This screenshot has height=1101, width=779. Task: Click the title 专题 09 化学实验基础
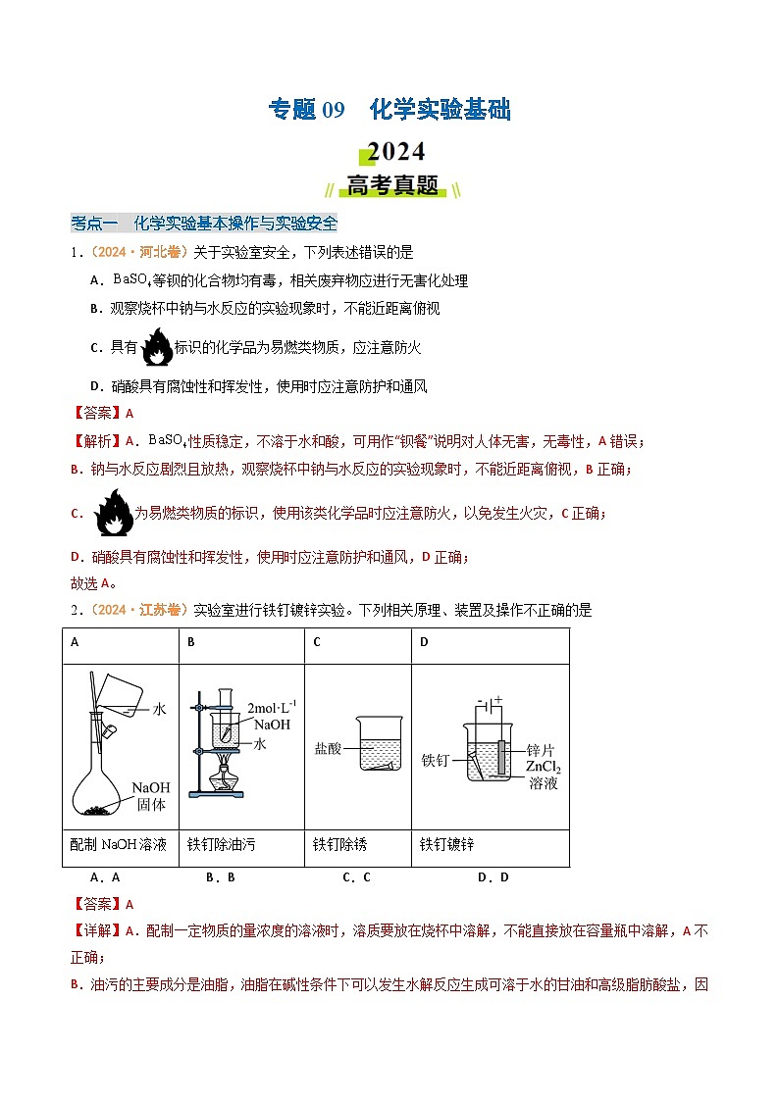[x=389, y=110]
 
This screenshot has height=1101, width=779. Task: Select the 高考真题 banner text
[x=391, y=186]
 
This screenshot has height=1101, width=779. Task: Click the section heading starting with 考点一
[x=204, y=222]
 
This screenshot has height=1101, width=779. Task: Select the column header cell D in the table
[x=424, y=642]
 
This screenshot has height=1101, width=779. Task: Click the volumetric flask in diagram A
[x=109, y=775]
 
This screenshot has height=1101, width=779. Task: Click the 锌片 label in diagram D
[x=541, y=749]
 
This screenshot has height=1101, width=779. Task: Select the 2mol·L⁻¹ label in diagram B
[x=272, y=707]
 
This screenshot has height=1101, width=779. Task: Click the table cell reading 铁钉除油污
[x=221, y=844]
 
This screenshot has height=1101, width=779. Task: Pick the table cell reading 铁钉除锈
[x=339, y=844]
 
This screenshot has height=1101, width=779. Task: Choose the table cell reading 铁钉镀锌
[x=446, y=844]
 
